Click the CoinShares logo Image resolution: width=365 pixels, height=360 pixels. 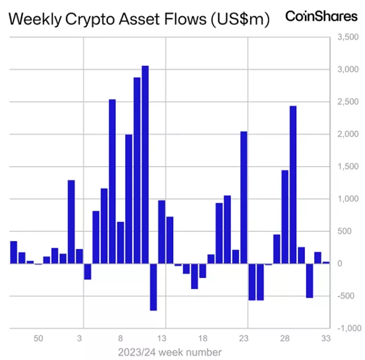pyautogui.click(x=321, y=16)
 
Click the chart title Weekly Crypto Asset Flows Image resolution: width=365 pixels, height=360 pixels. pyautogui.click(x=139, y=19)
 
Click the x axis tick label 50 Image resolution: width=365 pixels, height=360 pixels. pyautogui.click(x=38, y=339)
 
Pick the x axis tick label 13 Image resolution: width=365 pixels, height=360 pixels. pyautogui.click(x=162, y=339)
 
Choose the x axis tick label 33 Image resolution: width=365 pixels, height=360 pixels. pyautogui.click(x=326, y=339)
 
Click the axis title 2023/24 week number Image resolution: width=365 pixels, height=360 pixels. pyautogui.click(x=170, y=352)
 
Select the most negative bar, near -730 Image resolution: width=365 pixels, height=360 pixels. pyautogui.click(x=153, y=287)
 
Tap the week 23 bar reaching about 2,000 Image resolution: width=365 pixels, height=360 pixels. pyautogui.click(x=244, y=197)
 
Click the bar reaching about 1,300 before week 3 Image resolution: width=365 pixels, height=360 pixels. pyautogui.click(x=71, y=222)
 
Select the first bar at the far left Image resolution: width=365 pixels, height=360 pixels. pyautogui.click(x=13, y=252)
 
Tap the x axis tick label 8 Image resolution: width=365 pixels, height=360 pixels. pyautogui.click(x=121, y=339)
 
